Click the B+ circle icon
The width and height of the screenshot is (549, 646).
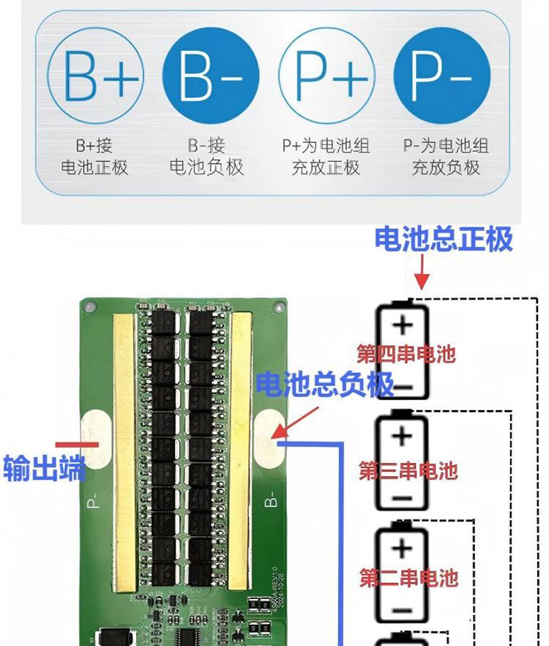click(96, 75)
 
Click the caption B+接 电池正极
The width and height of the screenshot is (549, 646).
click(94, 156)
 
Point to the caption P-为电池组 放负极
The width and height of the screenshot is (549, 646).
click(446, 156)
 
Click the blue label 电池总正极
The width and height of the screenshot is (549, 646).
click(444, 239)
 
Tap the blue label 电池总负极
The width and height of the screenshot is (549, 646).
click(325, 382)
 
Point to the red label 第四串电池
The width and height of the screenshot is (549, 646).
click(406, 355)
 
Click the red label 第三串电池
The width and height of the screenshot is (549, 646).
click(408, 469)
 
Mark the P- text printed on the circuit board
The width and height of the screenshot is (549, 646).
click(94, 501)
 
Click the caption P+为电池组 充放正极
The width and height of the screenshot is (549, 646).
click(324, 156)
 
